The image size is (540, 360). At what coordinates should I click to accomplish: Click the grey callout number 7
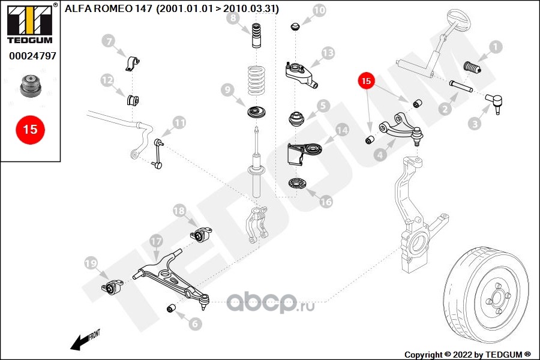[x=108, y=41]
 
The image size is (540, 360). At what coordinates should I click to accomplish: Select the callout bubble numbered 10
[x=319, y=10]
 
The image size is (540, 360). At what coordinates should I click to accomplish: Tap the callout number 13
[x=327, y=53]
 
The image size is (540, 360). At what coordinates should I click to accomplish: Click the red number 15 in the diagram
[x=367, y=80]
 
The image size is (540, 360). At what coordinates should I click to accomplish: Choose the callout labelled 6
[x=195, y=324]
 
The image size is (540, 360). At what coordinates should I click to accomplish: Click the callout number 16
[x=325, y=202]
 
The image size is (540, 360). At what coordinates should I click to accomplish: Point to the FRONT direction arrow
[x=85, y=340]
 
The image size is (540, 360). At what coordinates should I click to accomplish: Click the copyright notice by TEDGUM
[x=468, y=354]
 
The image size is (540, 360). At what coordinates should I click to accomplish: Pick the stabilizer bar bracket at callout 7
[x=132, y=62]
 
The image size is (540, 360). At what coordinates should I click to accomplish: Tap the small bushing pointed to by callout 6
[x=170, y=308]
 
